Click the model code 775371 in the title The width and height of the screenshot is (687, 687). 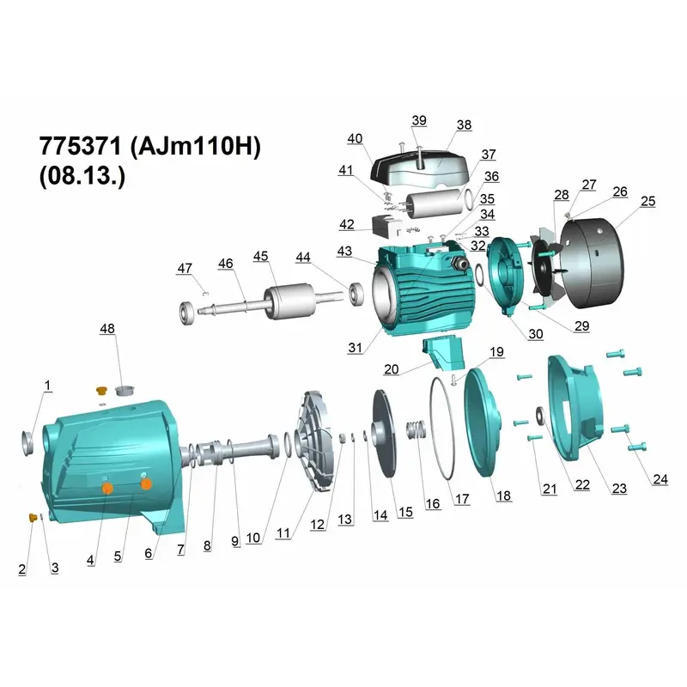pos(80,146)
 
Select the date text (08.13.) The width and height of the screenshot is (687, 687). pos(82,176)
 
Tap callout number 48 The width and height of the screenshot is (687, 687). pos(107,329)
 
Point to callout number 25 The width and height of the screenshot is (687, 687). pos(648,201)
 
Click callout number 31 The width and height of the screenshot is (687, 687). pos(355,348)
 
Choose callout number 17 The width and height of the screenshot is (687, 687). pos(462,499)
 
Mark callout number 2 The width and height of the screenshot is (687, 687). pos(22,569)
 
